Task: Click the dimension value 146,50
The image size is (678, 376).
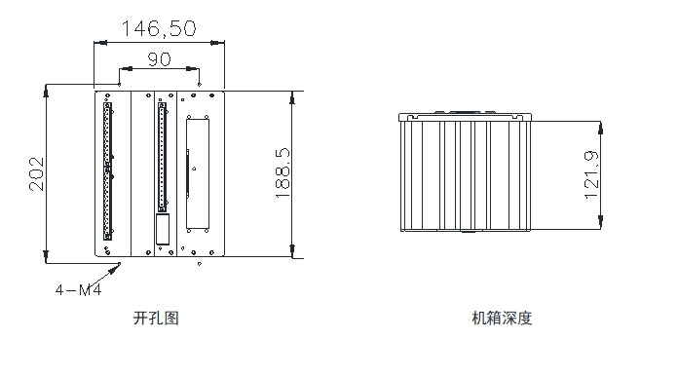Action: pos(159,28)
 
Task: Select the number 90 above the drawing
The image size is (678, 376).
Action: pos(159,59)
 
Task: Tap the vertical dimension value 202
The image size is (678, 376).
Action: pos(37,173)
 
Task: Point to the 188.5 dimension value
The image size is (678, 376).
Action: pos(282,173)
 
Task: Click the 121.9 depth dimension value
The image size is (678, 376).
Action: pos(591,175)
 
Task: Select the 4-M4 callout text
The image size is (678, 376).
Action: pos(78,289)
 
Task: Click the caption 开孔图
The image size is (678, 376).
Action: pos(156,319)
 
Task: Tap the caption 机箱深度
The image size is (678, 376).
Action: pos(502,319)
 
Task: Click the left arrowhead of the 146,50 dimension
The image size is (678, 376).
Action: pos(100,43)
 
